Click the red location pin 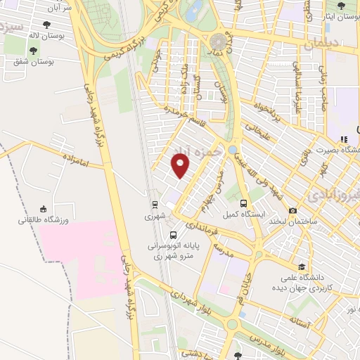181,166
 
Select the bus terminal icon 173,235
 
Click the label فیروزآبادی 335,193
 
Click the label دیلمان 322,44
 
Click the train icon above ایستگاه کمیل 243,203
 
